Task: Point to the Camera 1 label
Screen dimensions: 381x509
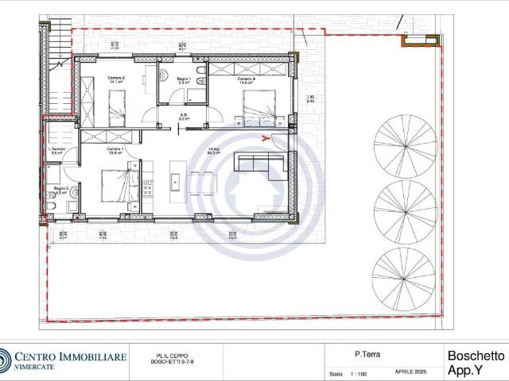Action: pyautogui.click(x=116, y=151)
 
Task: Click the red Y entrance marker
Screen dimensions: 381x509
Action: pyautogui.click(x=265, y=137)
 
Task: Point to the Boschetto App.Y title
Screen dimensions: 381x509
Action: pyautogui.click(x=476, y=364)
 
